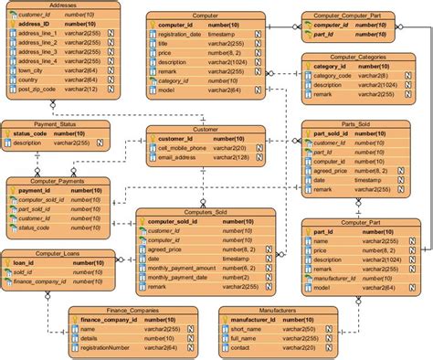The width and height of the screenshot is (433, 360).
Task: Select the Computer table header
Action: [206, 16]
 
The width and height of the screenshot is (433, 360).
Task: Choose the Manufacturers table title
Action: [273, 310]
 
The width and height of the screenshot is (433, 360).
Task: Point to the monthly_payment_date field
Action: [182, 277]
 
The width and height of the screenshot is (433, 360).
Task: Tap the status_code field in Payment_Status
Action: [31, 133]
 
